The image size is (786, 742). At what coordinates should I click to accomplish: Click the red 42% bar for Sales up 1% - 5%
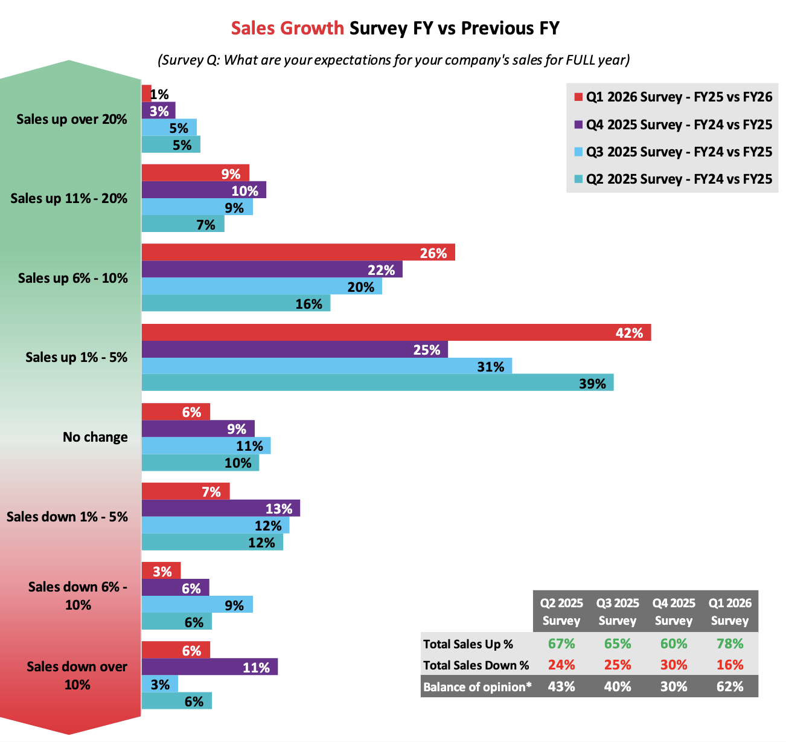(x=396, y=332)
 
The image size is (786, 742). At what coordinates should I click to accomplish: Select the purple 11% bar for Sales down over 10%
(x=209, y=667)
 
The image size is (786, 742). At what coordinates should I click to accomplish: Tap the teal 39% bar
(x=377, y=383)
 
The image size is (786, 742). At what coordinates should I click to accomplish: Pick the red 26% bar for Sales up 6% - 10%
(x=298, y=253)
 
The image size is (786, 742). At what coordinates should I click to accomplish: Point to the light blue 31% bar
(x=327, y=366)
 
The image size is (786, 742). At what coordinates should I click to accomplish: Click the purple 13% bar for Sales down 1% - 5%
(x=220, y=508)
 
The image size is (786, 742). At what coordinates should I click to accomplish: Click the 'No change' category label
(x=95, y=437)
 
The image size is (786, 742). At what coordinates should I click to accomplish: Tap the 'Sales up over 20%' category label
(x=72, y=119)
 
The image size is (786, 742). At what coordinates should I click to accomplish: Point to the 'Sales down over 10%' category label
(x=77, y=676)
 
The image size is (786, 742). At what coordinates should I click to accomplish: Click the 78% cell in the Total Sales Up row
(x=730, y=644)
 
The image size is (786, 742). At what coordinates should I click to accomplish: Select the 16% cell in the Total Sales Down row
(x=730, y=665)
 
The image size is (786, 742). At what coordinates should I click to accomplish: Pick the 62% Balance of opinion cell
(x=730, y=686)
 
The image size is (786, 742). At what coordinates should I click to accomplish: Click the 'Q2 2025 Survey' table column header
(x=561, y=611)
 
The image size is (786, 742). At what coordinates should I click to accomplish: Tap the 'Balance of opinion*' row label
(x=477, y=687)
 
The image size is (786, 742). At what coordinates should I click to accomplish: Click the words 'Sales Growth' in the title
(x=287, y=28)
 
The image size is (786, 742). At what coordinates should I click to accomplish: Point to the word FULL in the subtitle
(x=581, y=60)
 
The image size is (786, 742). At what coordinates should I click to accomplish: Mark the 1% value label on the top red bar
(x=159, y=94)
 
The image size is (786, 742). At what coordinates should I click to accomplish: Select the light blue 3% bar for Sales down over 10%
(x=159, y=684)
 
